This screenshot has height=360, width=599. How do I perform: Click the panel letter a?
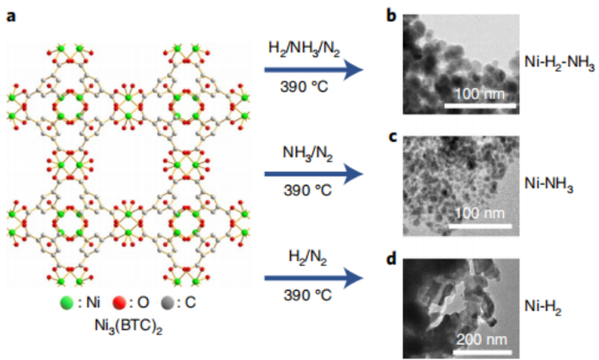tap(10, 17)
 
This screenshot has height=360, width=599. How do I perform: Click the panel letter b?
tap(391, 15)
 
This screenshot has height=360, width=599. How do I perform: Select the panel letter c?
tap(392, 137)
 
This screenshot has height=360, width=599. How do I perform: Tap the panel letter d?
tap(392, 259)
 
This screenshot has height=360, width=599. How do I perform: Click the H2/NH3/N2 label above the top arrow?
tap(304, 50)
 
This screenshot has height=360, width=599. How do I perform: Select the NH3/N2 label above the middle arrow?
tap(307, 153)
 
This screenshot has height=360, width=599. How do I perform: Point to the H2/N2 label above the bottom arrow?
tap(307, 257)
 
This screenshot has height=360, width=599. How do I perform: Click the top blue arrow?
tap(314, 70)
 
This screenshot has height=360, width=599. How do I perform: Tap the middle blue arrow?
tap(314, 174)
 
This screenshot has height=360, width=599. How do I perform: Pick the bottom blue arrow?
tap(314, 278)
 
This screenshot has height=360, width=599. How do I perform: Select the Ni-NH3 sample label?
tap(549, 185)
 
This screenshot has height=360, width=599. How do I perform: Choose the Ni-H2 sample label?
tap(543, 306)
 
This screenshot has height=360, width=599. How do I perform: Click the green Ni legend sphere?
tap(67, 303)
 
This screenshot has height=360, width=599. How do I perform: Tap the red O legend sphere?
tap(119, 303)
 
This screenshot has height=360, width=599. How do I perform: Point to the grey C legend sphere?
tap(168, 303)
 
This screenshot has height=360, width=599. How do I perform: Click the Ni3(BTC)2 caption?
tap(128, 327)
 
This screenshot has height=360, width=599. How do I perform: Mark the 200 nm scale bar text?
tap(481, 339)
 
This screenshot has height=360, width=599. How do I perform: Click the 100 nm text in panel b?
tap(480, 94)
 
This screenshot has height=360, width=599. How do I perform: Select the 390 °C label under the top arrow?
tap(304, 87)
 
